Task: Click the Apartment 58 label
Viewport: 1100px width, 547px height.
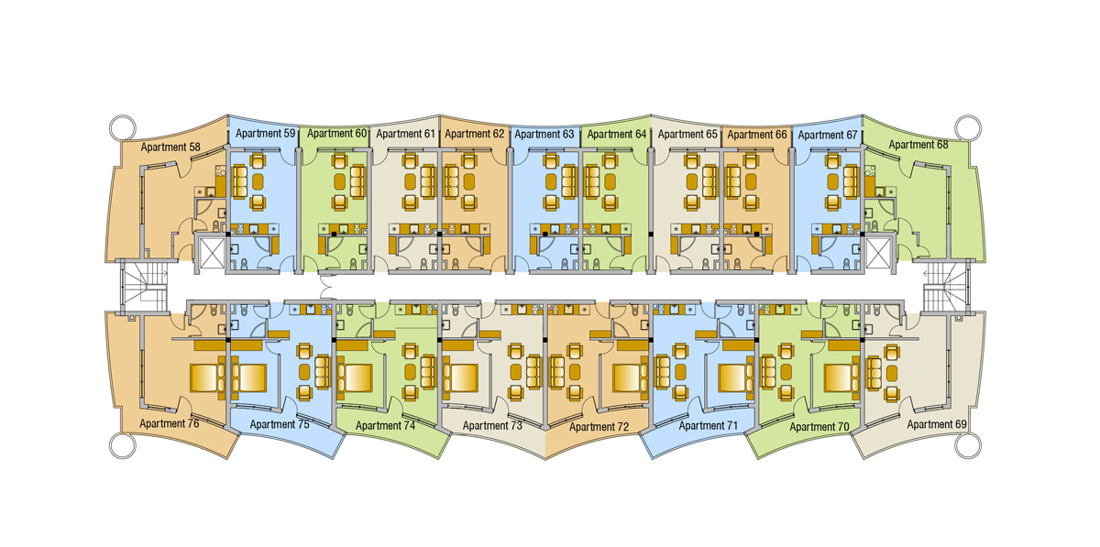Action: point(170,147)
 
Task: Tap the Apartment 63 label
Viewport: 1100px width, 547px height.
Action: point(544,134)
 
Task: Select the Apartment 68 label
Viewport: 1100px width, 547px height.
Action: point(918,145)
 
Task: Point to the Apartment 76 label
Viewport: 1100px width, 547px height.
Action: point(169,423)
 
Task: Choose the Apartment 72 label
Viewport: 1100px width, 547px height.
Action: point(599,427)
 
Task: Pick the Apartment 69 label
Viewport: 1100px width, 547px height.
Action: point(937,424)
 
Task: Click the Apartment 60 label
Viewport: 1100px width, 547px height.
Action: point(337,133)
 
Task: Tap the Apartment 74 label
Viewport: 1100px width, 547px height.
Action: point(386,426)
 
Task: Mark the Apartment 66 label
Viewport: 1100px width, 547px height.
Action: point(757,135)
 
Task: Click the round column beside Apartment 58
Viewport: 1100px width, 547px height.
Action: point(122,128)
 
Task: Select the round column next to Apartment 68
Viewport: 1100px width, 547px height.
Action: point(968,127)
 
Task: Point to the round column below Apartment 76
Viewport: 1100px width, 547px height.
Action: point(122,445)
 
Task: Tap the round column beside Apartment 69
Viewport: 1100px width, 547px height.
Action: point(968,446)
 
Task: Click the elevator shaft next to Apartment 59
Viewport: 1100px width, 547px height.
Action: point(212,252)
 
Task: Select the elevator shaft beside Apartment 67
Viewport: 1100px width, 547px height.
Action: point(878,252)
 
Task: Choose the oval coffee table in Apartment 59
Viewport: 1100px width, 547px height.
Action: point(258,182)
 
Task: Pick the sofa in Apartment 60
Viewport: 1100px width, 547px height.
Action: point(358,181)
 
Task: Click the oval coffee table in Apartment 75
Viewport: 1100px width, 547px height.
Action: point(304,372)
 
